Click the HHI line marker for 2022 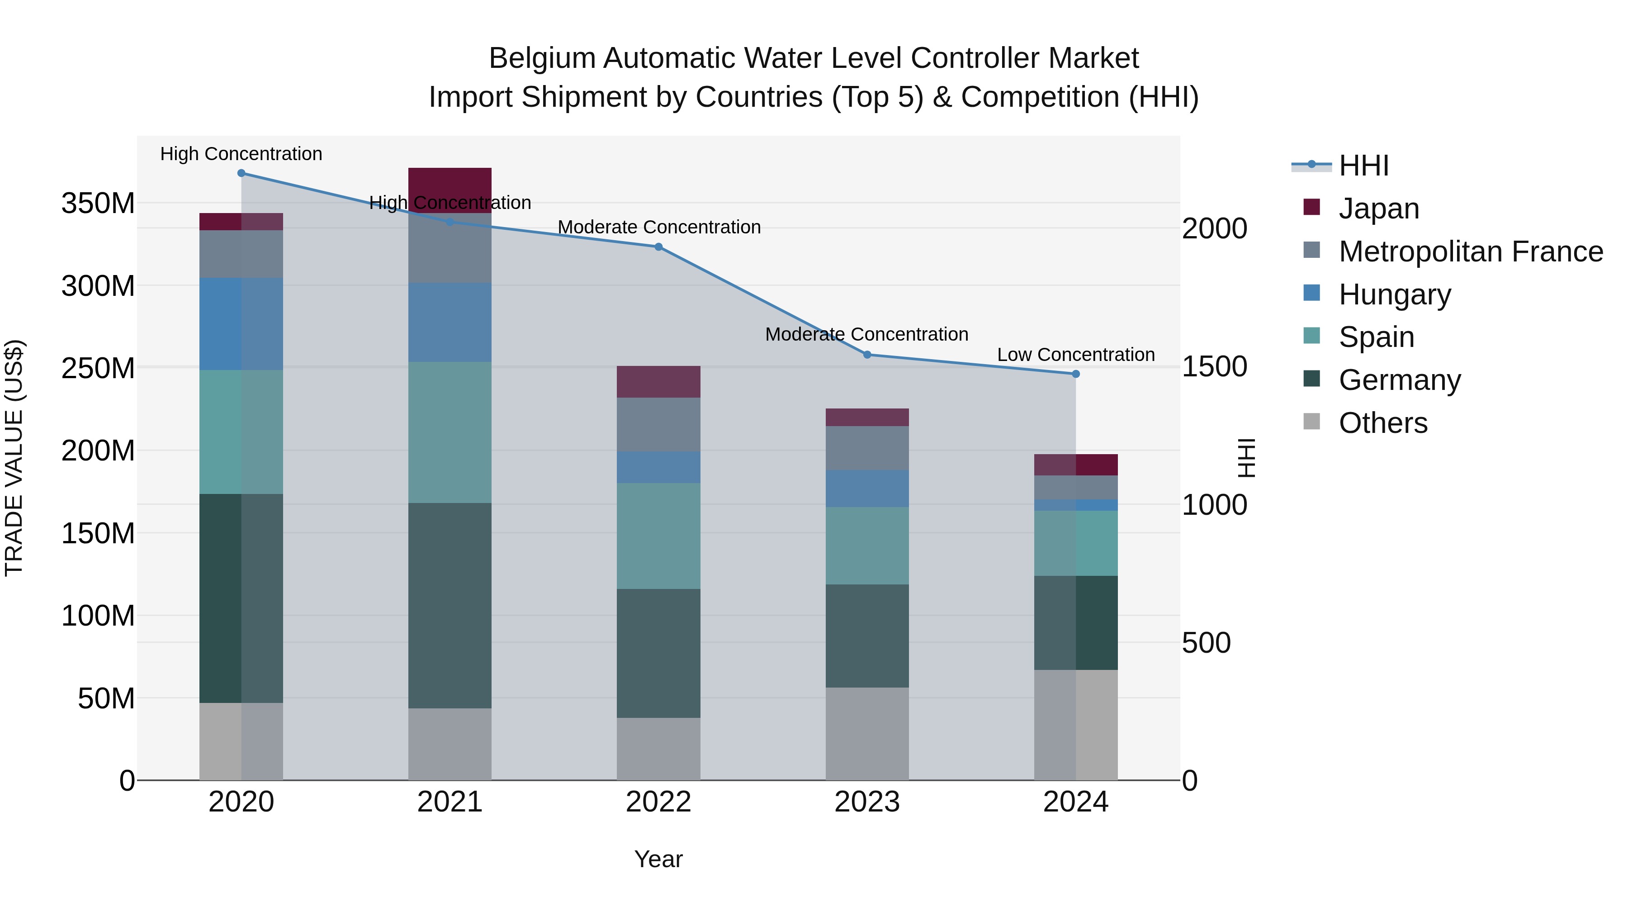click(658, 247)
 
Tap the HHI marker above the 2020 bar click(241, 173)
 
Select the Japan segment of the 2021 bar click(450, 190)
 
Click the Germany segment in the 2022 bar click(658, 653)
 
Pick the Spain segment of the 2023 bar click(867, 546)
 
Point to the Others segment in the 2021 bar click(450, 744)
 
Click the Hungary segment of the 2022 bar click(658, 467)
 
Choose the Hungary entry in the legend click(1394, 294)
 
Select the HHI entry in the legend click(1363, 166)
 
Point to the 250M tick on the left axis click(98, 368)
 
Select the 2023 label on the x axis click(867, 802)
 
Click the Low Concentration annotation click(1076, 355)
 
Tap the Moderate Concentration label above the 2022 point click(658, 227)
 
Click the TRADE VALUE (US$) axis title click(14, 458)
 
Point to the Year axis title click(658, 859)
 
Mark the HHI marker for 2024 click(1076, 374)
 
